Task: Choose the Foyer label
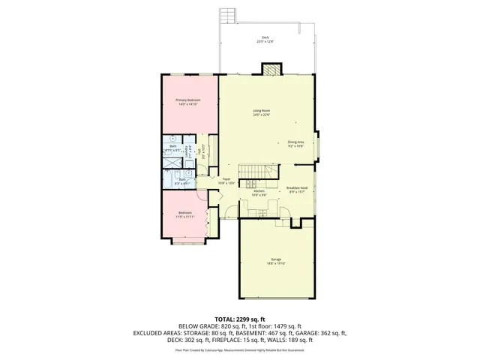coord(226,179)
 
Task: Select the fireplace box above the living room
coord(271,70)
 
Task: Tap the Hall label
coord(199,152)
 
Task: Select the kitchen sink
coord(262,213)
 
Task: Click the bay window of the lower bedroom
coord(187,241)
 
